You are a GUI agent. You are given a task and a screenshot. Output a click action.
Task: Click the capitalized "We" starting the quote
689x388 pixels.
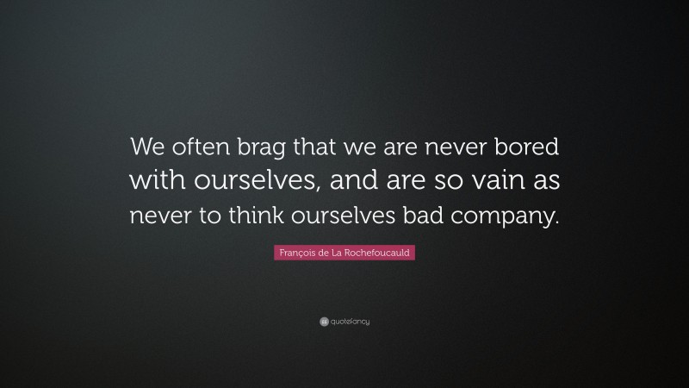pos(144,147)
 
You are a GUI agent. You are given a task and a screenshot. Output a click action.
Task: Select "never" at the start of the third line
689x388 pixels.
pos(159,216)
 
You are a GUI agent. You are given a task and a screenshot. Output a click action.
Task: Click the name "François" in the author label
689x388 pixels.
pos(295,253)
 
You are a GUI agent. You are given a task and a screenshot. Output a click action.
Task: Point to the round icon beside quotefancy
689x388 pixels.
pos(324,322)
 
